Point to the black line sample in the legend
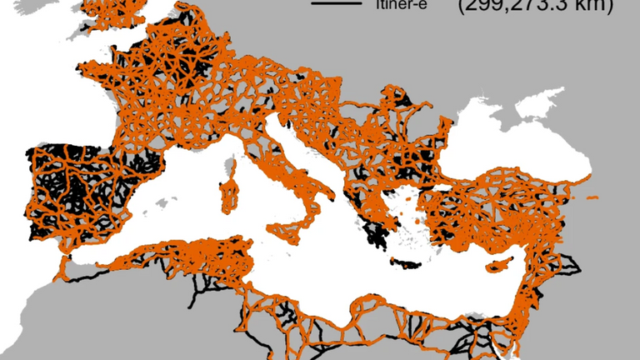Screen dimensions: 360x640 (x=330, y=6)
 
